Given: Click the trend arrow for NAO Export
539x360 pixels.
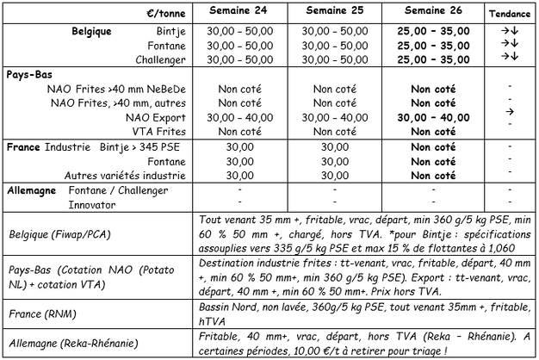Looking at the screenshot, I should click(510, 112).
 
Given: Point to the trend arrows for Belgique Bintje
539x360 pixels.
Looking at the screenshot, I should click(510, 30).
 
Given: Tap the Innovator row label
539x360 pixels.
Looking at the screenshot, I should click(93, 205).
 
